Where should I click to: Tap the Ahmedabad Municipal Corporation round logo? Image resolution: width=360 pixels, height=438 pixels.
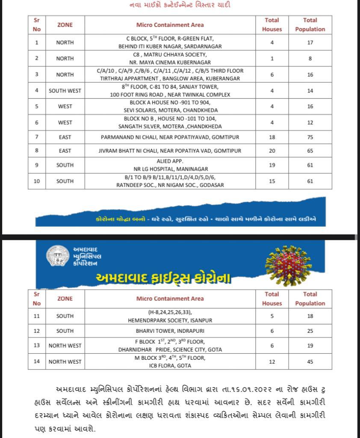point(58,257)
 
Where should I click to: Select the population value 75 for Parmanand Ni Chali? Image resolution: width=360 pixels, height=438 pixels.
point(310,137)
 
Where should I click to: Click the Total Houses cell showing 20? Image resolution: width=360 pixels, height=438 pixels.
point(272,151)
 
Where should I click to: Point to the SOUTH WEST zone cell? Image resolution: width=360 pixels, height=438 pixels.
point(65,91)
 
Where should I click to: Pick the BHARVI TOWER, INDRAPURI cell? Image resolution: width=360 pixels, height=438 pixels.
point(170,331)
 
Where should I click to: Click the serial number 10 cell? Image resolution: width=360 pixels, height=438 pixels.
point(37,181)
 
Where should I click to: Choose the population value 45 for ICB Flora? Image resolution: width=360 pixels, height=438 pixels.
point(310,362)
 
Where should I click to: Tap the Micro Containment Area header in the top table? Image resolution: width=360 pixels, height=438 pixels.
point(170,25)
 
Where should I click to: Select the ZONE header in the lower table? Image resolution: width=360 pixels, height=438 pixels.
point(65,299)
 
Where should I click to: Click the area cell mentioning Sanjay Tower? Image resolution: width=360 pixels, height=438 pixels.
point(170,91)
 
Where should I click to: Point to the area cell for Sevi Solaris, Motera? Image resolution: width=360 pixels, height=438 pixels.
point(170,107)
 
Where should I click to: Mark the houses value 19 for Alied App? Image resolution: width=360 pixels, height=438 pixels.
point(272,165)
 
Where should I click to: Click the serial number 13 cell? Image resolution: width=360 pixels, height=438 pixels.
point(37,346)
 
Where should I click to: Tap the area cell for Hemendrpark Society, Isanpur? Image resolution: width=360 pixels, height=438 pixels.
point(170,316)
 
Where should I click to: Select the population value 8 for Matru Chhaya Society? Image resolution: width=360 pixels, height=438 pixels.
point(310,59)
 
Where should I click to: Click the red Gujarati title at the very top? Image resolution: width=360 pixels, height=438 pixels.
point(180,5)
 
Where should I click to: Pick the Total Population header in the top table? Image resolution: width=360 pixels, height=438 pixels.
point(310,25)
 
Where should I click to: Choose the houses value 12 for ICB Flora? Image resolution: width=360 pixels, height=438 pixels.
point(272,362)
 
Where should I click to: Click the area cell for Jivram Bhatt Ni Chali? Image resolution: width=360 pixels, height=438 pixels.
point(170,151)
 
